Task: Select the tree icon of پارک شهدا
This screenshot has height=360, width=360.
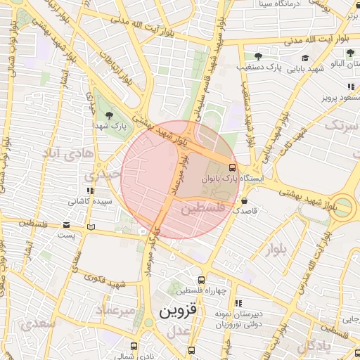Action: (108, 114)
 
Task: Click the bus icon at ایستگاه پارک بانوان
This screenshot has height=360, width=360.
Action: (233, 167)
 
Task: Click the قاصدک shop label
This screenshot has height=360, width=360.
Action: (246, 210)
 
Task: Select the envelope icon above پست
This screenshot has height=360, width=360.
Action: (66, 225)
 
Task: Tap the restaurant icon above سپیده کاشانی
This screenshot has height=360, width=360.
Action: (89, 191)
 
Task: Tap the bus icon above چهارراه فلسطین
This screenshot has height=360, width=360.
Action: (202, 280)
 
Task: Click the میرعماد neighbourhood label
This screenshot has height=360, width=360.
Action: (109, 310)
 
